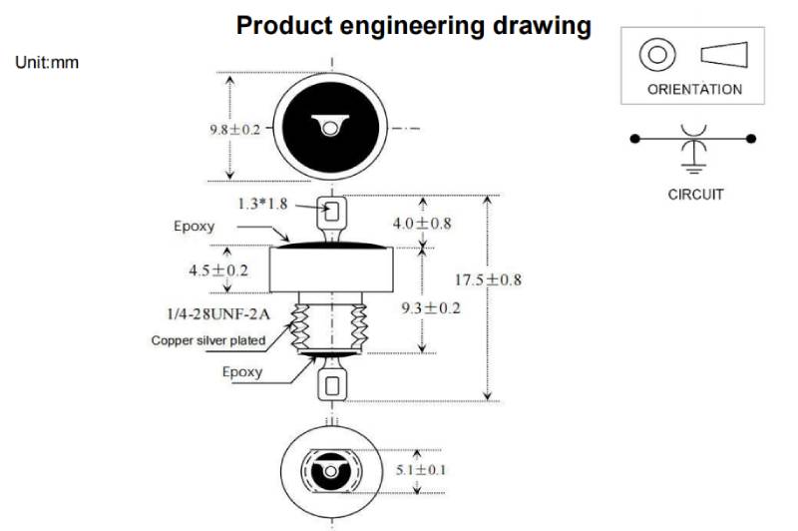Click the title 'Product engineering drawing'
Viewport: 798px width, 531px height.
click(413, 25)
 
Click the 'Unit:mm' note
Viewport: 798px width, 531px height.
click(47, 63)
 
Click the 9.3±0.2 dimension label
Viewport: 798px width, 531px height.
click(430, 307)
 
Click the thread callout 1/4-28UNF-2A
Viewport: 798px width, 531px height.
click(220, 313)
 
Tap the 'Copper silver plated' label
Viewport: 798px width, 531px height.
click(208, 340)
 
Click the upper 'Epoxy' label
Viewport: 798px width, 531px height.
click(194, 226)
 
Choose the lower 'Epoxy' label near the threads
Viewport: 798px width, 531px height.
click(242, 371)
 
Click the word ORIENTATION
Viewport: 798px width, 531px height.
click(694, 89)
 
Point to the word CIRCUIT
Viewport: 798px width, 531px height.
click(695, 195)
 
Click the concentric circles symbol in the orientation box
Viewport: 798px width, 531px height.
click(656, 54)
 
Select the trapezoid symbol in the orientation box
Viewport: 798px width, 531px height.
click(725, 54)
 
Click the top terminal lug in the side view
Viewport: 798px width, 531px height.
click(332, 213)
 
